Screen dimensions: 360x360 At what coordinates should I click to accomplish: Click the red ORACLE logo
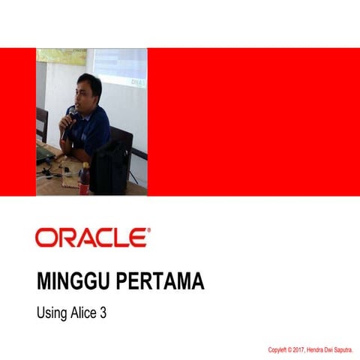(91, 238)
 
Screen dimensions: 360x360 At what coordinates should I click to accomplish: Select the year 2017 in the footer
(305, 349)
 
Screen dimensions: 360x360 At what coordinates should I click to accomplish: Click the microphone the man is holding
(70, 114)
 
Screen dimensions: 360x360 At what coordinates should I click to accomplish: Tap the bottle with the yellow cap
(85, 178)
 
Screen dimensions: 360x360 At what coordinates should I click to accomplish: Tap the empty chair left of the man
(42, 124)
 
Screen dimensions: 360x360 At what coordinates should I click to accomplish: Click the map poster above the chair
(61, 56)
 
